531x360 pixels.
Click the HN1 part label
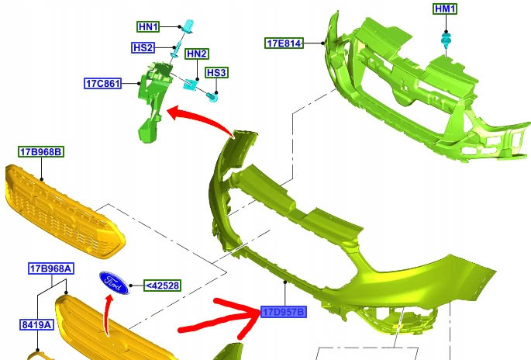pyautogui.click(x=148, y=27)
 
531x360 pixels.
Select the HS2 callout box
pyautogui.click(x=143, y=48)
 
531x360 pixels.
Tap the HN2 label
pyautogui.click(x=197, y=54)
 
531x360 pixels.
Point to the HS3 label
pyautogui.click(x=216, y=73)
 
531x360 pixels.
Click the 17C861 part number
pyautogui.click(x=102, y=83)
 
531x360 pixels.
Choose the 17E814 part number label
pyautogui.click(x=284, y=43)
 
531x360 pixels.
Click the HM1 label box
pyautogui.click(x=445, y=9)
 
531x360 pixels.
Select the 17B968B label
pyautogui.click(x=41, y=152)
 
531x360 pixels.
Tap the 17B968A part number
pyautogui.click(x=51, y=268)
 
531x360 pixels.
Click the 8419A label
pyautogui.click(x=36, y=325)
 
